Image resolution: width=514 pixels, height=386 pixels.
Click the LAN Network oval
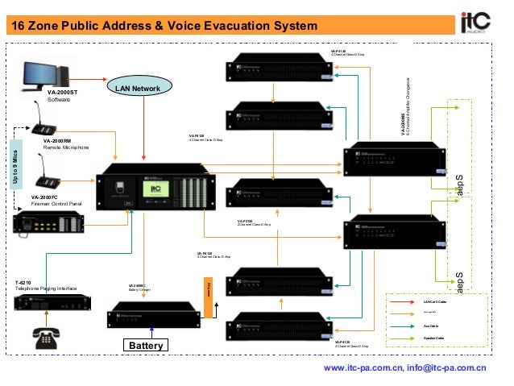click(x=137, y=87)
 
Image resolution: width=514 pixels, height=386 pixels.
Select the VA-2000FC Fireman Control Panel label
click(x=56, y=201)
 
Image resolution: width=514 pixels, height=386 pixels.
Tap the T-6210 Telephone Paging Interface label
click(x=46, y=285)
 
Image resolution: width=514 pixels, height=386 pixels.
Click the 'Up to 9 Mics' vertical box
click(x=15, y=165)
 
